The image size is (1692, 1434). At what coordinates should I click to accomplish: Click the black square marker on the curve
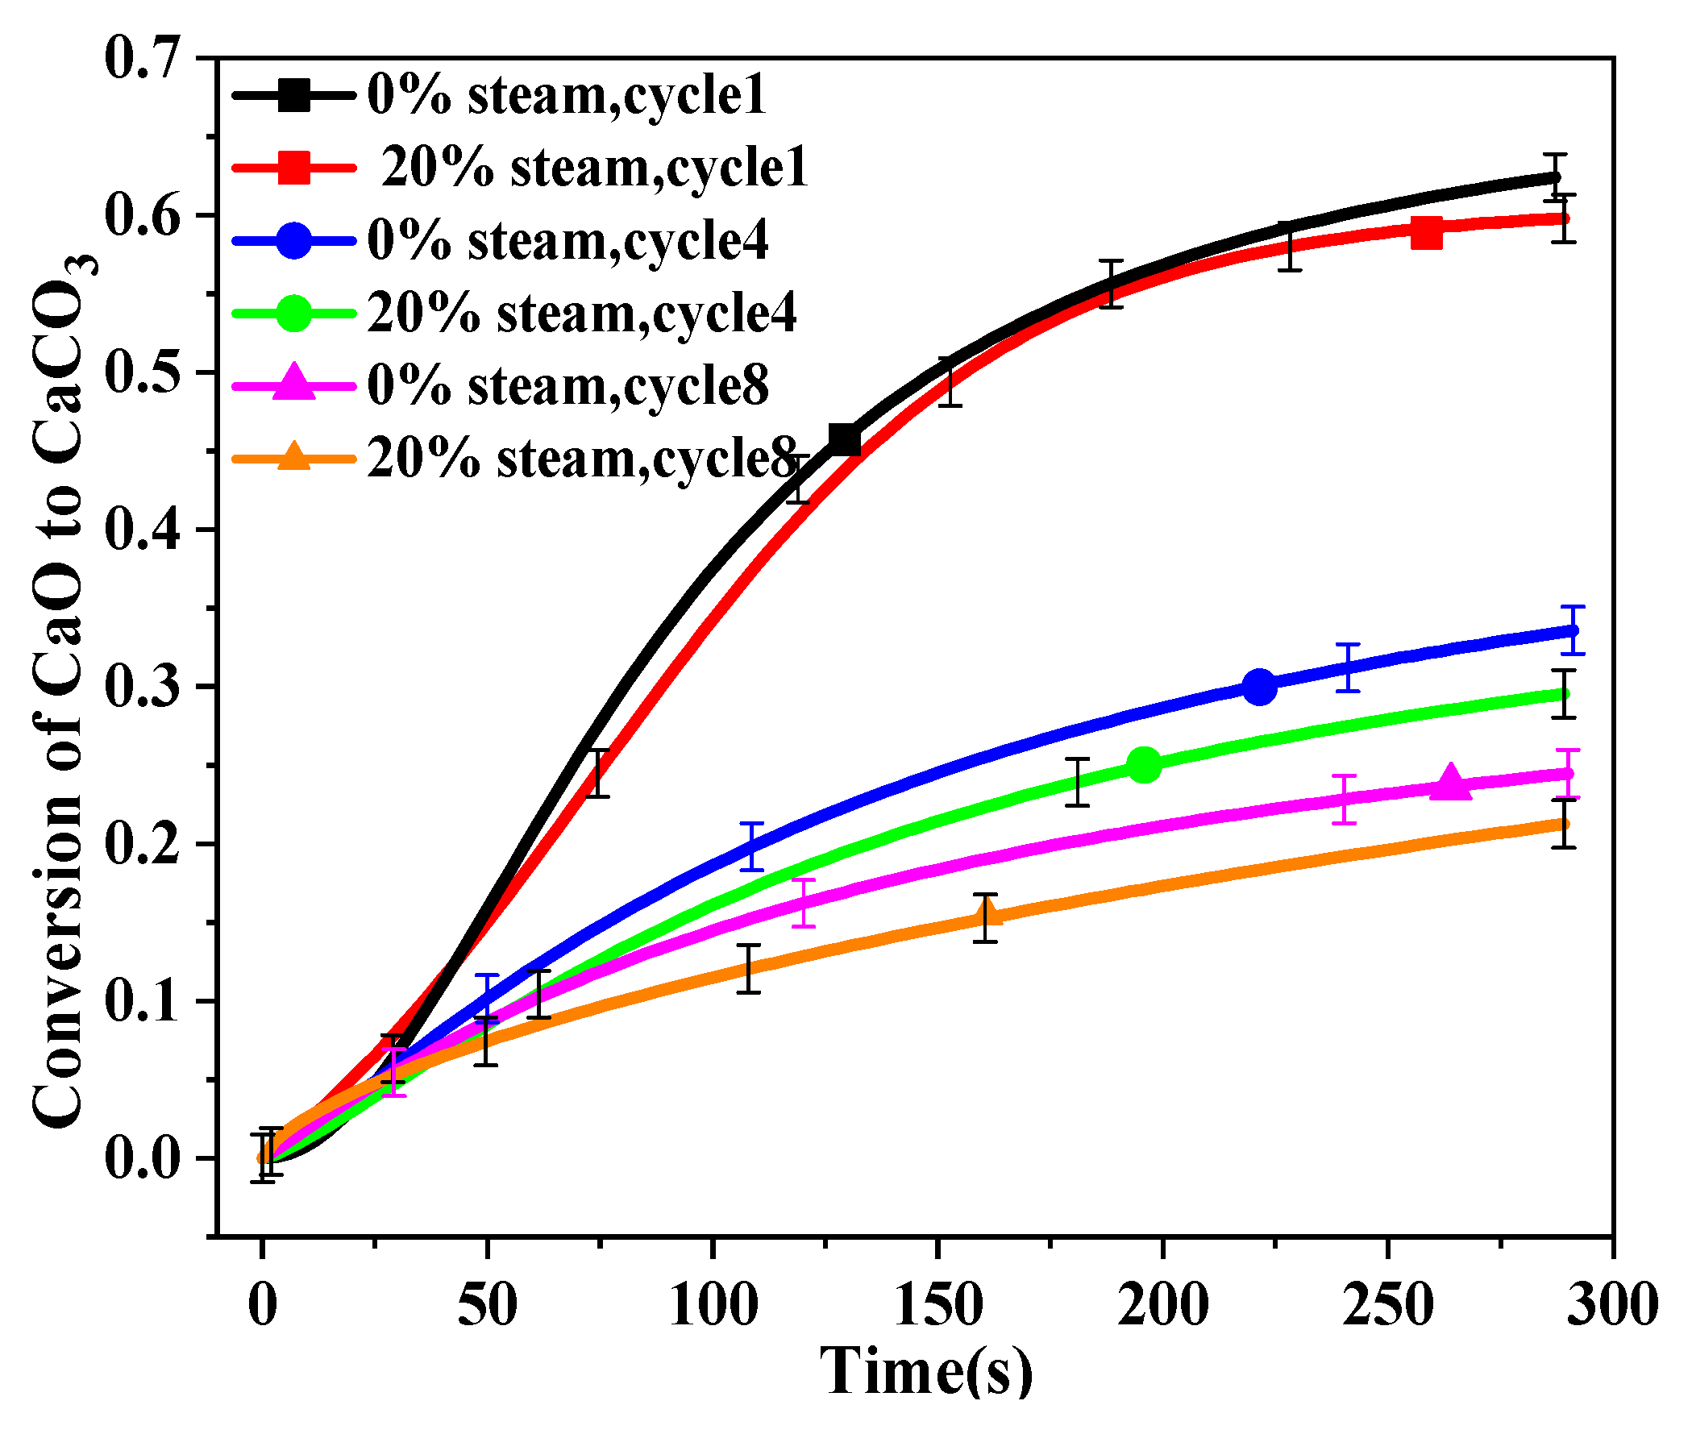click(845, 440)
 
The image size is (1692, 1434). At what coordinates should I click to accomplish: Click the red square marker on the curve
click(1426, 232)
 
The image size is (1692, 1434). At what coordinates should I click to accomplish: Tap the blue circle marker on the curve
click(1259, 687)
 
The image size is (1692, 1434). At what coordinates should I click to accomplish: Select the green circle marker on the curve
click(1144, 764)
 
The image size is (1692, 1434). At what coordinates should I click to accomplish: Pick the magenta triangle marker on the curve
click(1450, 782)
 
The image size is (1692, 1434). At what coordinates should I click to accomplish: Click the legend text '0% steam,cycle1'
click(566, 95)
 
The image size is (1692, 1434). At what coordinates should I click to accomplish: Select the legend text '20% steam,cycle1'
click(594, 168)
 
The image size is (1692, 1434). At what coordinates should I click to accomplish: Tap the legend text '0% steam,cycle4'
click(567, 241)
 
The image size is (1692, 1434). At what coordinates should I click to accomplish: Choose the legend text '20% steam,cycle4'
click(581, 313)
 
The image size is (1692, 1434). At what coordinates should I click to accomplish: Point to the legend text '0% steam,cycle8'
click(567, 385)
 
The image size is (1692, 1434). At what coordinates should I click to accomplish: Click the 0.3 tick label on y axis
click(142, 687)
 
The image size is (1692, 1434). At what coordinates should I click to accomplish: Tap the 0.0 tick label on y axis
click(142, 1158)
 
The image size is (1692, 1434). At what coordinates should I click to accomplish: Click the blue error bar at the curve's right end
click(1573, 630)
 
